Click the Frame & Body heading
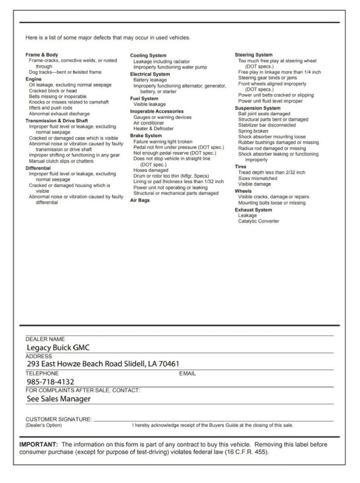(42, 55)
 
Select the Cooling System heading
(148, 56)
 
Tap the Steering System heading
(253, 55)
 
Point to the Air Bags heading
(140, 200)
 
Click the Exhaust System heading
(253, 210)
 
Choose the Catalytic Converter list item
(258, 221)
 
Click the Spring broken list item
(253, 131)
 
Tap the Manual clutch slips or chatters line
(61, 161)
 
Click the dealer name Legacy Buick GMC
(58, 347)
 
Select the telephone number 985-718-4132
(50, 382)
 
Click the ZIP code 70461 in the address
(169, 364)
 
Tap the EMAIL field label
(187, 374)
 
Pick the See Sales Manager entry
(58, 399)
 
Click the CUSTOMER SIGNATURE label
(59, 419)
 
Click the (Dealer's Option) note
(44, 425)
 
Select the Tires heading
(241, 167)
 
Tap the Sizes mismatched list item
(257, 178)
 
